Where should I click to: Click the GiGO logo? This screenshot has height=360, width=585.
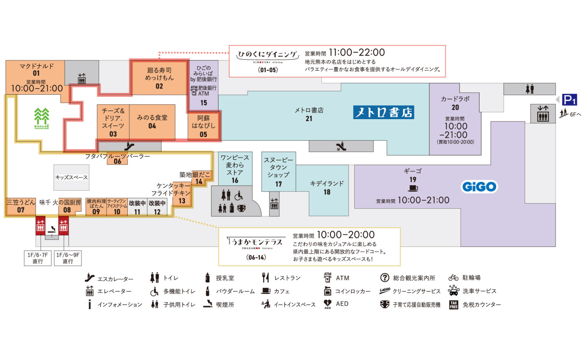point(479,187)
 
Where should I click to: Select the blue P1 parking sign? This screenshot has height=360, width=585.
point(570,100)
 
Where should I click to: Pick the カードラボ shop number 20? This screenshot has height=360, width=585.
point(455,108)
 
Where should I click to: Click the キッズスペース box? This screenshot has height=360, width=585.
point(72,177)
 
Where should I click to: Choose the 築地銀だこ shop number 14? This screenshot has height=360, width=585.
point(199,181)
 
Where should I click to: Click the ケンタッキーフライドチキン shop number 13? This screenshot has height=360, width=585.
point(182,201)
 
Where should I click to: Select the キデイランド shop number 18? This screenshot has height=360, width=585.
point(327,192)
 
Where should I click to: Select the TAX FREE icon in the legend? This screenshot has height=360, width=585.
point(453,305)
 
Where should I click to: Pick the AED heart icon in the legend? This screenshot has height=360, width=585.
point(328,304)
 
